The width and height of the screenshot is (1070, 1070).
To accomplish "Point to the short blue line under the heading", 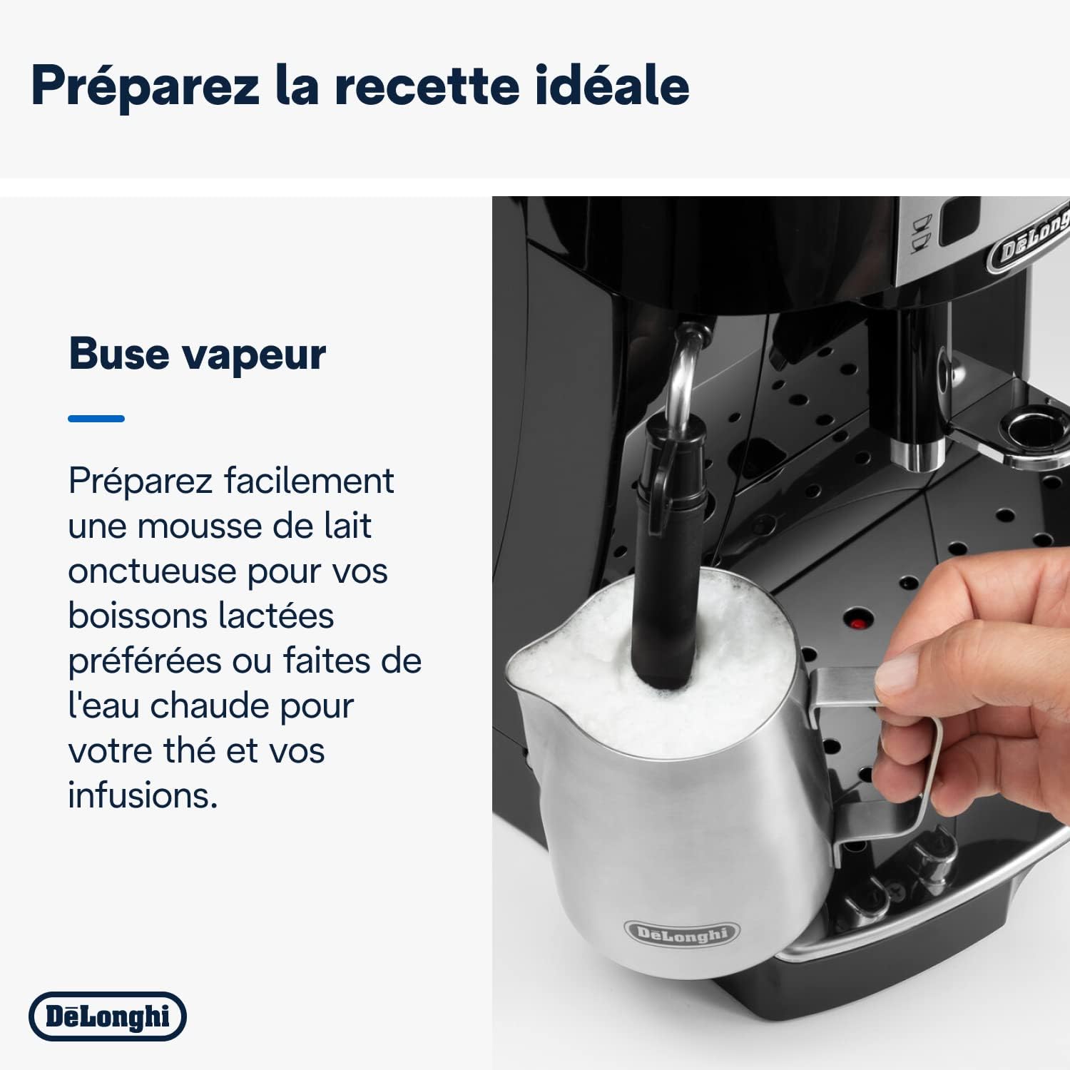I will pyautogui.click(x=96, y=419).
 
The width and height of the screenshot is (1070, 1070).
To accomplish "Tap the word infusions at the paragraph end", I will pyautogui.click(x=143, y=795).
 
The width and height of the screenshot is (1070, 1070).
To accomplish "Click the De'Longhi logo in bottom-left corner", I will pyautogui.click(x=107, y=1016).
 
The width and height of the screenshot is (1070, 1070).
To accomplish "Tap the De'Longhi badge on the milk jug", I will pyautogui.click(x=682, y=932).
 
